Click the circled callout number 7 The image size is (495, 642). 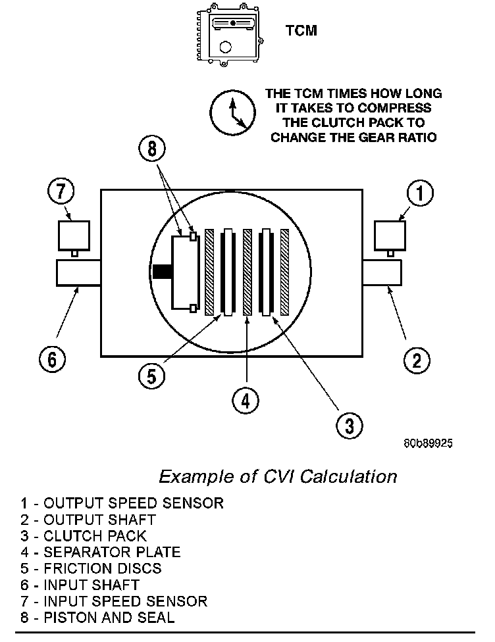tap(61, 192)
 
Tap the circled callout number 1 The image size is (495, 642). tap(419, 193)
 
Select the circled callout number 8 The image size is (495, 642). tap(153, 149)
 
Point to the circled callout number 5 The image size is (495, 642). tap(152, 375)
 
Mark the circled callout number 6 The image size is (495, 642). tap(52, 359)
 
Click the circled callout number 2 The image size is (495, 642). tap(416, 360)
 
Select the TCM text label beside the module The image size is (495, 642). tap(301, 31)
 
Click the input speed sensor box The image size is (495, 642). tap(72, 235)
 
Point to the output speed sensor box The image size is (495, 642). tap(390, 235)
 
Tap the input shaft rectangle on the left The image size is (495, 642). tap(78, 272)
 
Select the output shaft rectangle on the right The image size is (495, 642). tap(382, 272)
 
